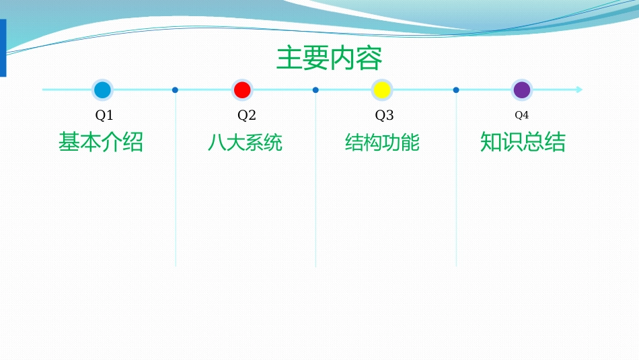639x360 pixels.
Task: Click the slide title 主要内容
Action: tap(330, 59)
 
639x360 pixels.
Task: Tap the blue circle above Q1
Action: tap(102, 89)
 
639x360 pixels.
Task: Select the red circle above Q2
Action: tap(242, 89)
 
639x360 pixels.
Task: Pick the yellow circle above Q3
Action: tap(382, 89)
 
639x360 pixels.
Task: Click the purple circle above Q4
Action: tap(522, 89)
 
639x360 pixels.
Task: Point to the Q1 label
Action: tap(104, 115)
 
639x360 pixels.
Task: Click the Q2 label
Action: tap(247, 115)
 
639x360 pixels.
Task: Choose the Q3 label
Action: tap(384, 115)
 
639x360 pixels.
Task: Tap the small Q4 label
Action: tap(522, 115)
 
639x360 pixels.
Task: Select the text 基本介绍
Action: tap(101, 142)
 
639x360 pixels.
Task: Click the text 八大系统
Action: tap(245, 143)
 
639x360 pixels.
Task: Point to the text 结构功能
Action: tap(382, 143)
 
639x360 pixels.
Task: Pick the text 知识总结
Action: tap(523, 142)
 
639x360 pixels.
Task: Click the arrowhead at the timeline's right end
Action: tap(579, 89)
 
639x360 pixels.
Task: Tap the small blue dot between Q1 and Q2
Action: tap(175, 89)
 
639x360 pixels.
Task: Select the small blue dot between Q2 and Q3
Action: tap(315, 89)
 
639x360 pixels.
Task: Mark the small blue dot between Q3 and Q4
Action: tap(456, 89)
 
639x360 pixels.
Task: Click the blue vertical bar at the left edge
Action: tap(3, 47)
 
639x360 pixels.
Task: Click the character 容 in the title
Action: tap(369, 59)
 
